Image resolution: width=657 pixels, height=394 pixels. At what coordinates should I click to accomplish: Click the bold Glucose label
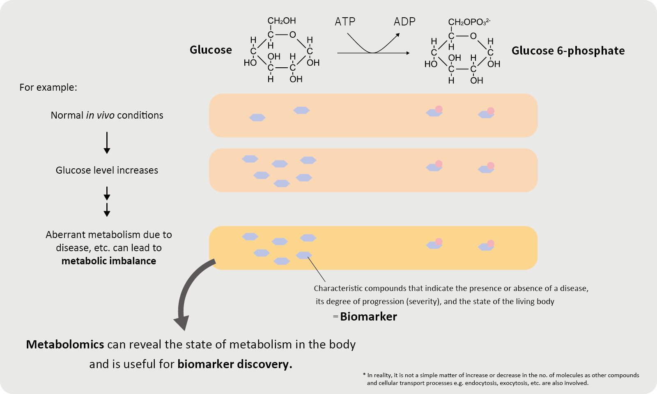pos(211,50)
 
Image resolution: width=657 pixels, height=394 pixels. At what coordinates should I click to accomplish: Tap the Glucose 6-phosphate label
pos(568,51)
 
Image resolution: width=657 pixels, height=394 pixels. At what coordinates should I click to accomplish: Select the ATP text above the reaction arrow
pos(345,22)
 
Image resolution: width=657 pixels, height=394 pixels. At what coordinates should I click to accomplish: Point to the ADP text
pos(404,22)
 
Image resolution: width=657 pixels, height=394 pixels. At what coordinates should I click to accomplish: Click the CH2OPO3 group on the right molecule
pos(469,22)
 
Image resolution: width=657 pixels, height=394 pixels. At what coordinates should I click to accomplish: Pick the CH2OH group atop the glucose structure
pos(282,21)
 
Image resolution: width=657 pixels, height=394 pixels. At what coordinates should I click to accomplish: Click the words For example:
pos(48,87)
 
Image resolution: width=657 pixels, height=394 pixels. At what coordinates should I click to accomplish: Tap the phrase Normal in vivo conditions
pos(107,115)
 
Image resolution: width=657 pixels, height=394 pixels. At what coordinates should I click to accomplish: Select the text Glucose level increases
pos(107,170)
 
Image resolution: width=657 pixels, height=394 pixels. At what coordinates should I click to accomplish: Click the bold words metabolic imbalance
pos(109,261)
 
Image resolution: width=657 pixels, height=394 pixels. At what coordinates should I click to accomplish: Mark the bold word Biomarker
pos(368,317)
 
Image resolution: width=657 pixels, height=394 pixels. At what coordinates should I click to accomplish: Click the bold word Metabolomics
pos(65,344)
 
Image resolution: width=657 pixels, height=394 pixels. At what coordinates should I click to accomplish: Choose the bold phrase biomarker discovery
pos(234,364)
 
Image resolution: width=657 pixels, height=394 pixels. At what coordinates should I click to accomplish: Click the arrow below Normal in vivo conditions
pos(107,142)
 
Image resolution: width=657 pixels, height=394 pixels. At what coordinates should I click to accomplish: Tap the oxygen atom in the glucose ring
pos(292,35)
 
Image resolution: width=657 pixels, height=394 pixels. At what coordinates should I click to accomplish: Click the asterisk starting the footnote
pos(364,375)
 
